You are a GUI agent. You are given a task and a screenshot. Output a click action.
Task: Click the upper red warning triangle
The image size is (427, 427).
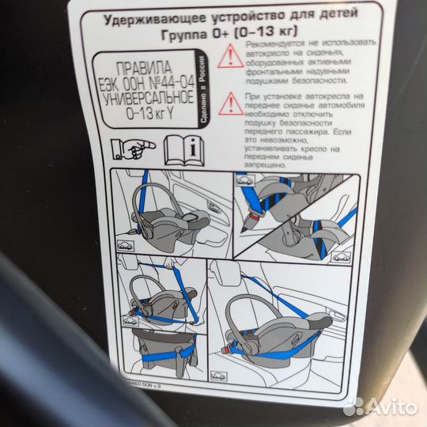tap(231, 55)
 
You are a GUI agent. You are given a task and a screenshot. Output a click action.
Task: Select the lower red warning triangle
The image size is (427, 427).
tap(230, 102)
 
